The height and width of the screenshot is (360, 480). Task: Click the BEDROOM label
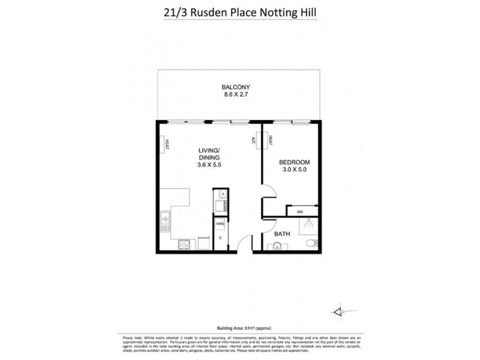[x=294, y=163]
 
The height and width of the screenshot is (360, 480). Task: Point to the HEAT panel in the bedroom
[x=271, y=140]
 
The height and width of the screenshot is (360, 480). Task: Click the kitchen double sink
[x=164, y=221]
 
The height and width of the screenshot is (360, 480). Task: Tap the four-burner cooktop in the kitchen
[x=184, y=246]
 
